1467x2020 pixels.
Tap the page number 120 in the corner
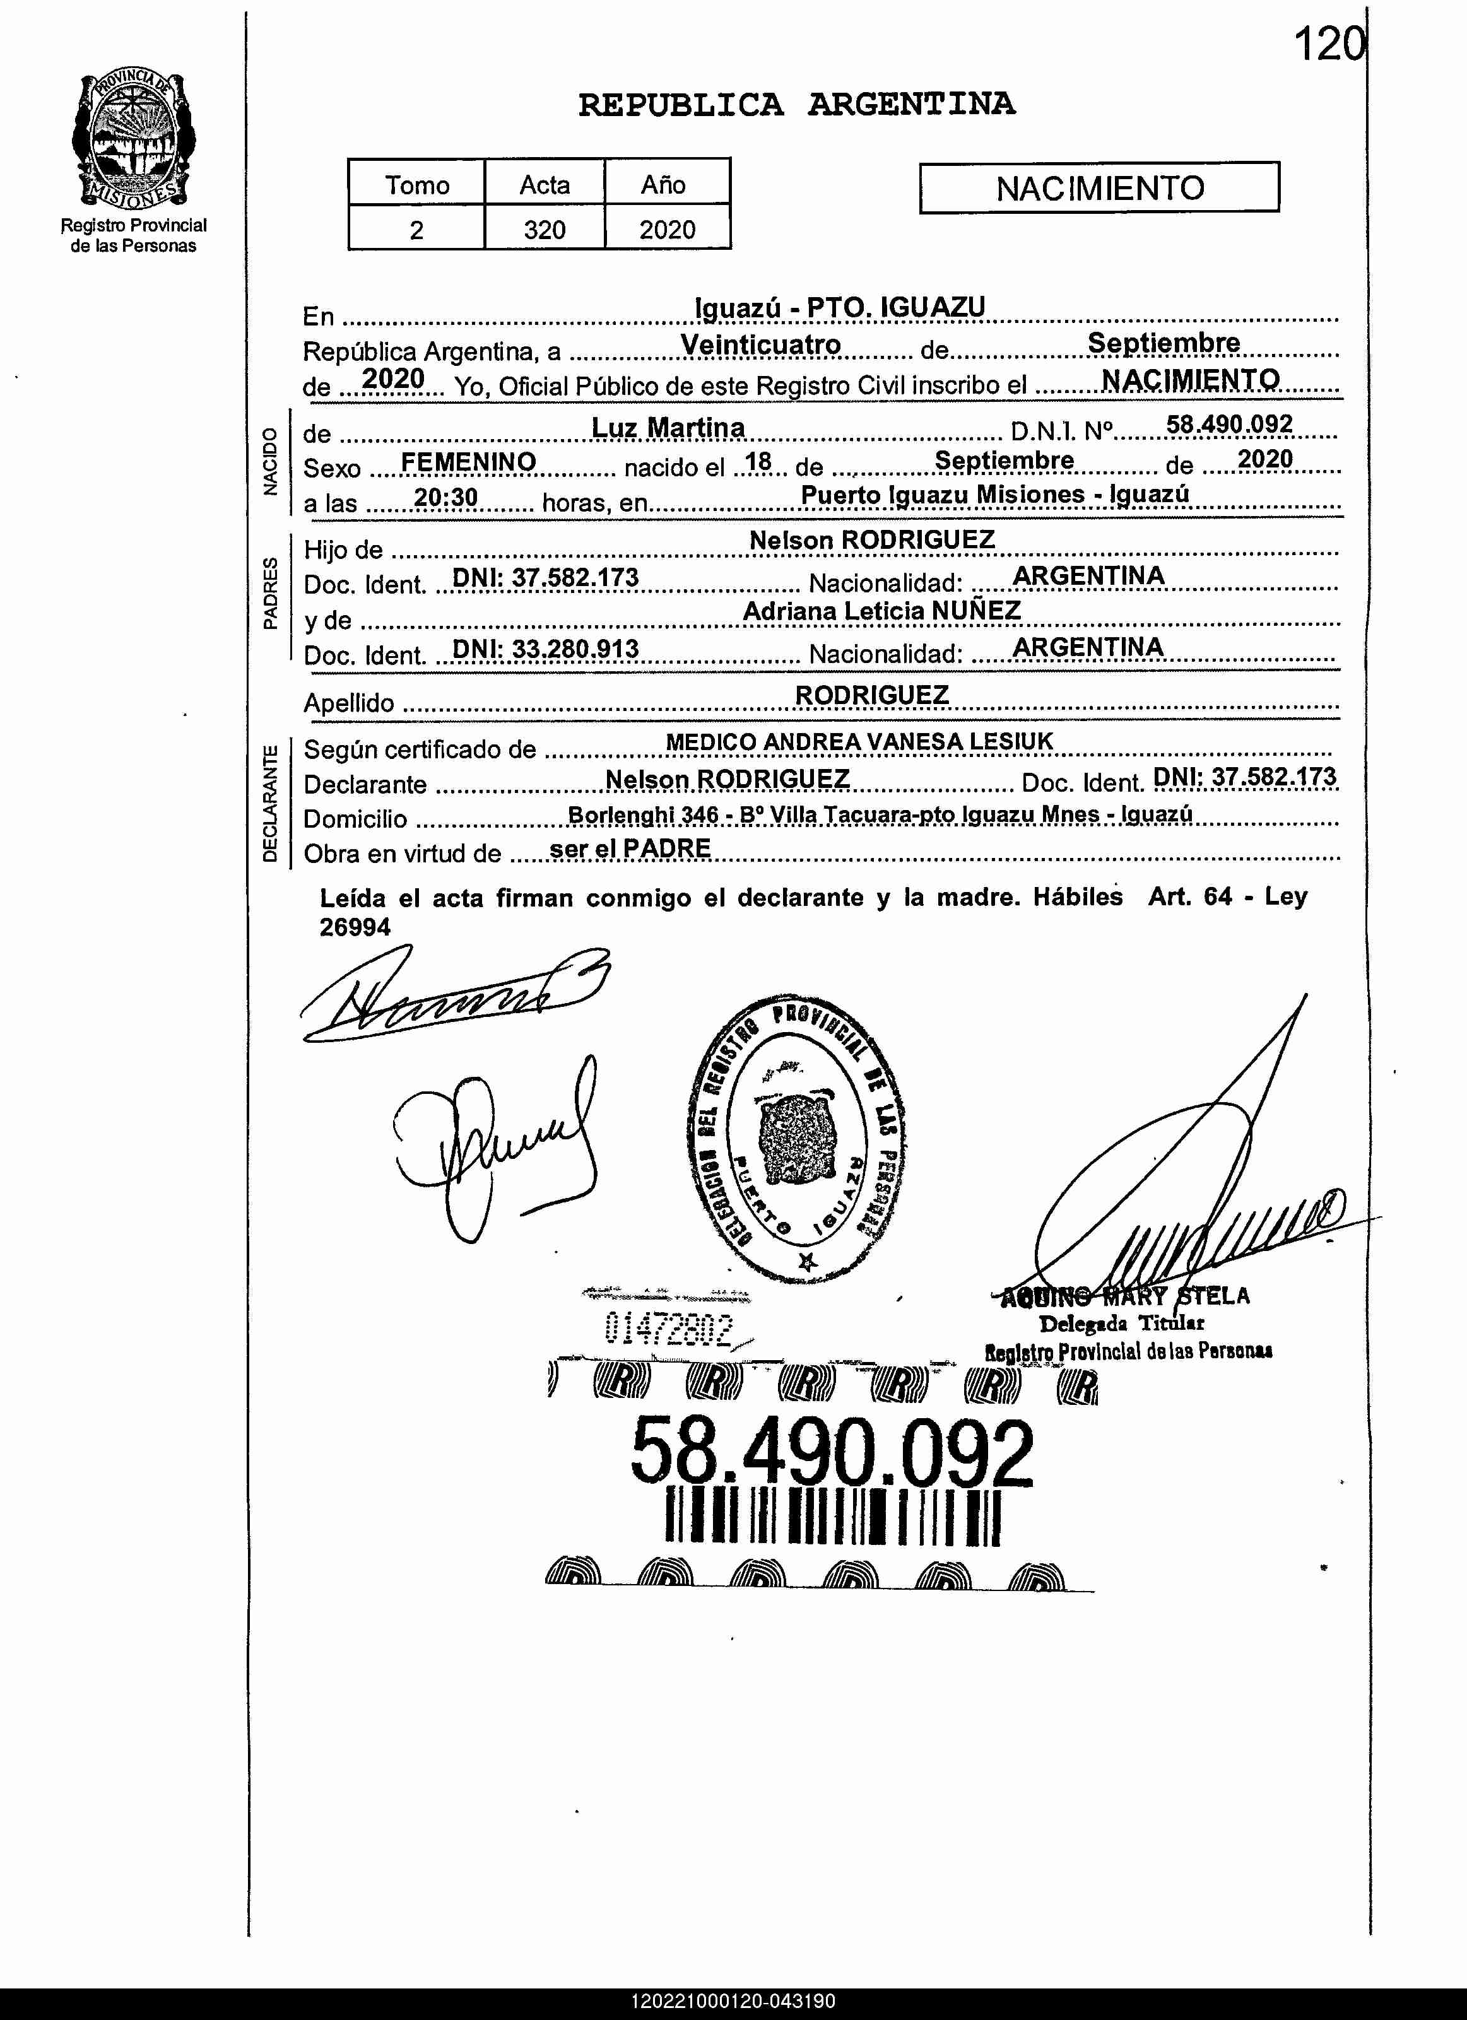pos(1327,45)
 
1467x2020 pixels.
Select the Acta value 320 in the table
pos(545,230)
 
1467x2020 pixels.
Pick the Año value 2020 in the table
pos(667,230)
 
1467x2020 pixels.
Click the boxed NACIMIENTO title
pos(1099,188)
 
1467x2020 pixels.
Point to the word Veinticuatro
pos(761,344)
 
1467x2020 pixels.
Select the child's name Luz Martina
pos(668,428)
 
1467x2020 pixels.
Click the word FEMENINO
pos(469,461)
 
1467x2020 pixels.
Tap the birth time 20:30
pos(446,497)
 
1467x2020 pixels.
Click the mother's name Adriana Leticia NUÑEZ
pos(882,611)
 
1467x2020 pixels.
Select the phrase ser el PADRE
pos(630,848)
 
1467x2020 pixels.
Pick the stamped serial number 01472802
pos(668,1330)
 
